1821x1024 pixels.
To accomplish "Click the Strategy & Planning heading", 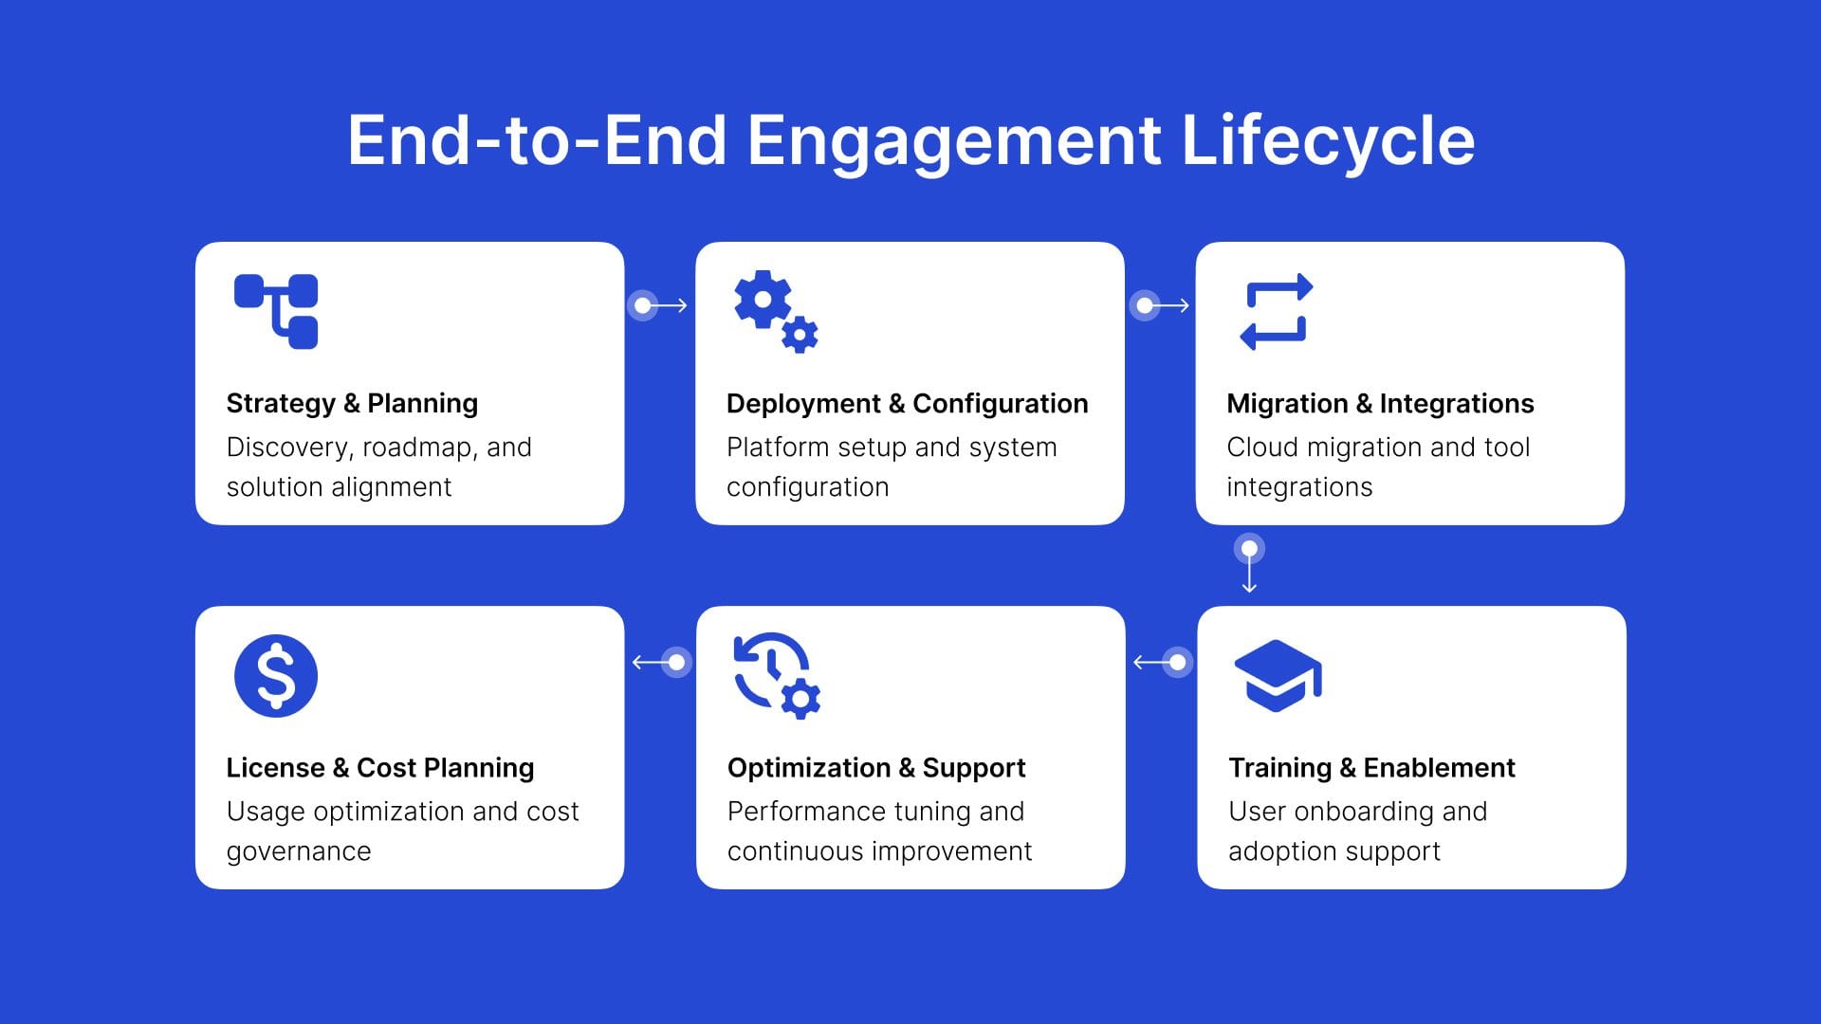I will pos(352,404).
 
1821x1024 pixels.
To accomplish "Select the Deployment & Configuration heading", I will pos(907,404).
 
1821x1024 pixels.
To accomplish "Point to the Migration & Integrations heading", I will pos(1380,404).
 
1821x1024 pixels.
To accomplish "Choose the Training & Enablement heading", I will pos(1371,768).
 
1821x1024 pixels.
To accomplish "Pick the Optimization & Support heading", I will pos(876,768).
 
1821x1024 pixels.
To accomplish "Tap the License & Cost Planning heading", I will pos(380,768).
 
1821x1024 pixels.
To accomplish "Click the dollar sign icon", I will pos(276,676).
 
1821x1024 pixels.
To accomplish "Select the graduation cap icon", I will pos(1278,675).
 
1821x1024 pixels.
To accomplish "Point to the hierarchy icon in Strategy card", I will pos(276,312).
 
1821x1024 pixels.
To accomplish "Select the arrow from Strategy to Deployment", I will pos(658,305).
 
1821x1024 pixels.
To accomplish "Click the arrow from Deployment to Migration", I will pos(1160,305).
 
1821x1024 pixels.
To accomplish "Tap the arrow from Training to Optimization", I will pos(1162,662).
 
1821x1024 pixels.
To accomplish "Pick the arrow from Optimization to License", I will pos(661,662).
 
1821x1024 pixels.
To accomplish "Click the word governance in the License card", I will pos(299,851).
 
